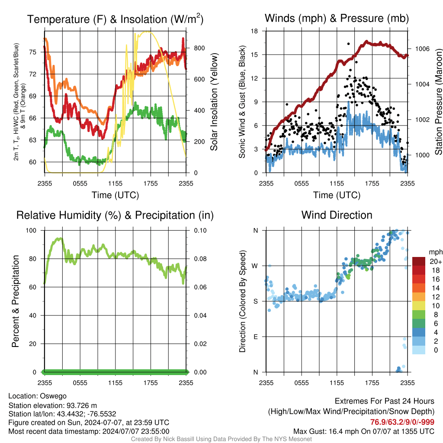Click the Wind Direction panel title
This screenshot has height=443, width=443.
click(337, 215)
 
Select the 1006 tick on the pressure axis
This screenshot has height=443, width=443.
click(422, 49)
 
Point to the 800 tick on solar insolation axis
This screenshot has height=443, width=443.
click(199, 48)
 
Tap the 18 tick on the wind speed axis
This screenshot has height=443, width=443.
click(254, 31)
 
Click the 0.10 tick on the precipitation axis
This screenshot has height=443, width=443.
click(200, 231)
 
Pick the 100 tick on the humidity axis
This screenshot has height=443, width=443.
click(31, 231)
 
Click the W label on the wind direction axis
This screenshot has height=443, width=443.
click(255, 266)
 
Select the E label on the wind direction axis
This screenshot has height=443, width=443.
click(256, 337)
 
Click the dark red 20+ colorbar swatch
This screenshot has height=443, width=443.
click(419, 261)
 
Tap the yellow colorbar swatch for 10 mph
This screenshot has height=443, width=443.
click(419, 305)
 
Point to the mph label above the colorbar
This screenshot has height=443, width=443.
click(435, 252)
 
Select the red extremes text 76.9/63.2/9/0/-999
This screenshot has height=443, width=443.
click(402, 422)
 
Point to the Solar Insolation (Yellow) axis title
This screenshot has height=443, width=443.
click(214, 102)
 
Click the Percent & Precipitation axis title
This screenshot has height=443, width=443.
click(16, 301)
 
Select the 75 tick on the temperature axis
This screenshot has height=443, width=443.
click(33, 52)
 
